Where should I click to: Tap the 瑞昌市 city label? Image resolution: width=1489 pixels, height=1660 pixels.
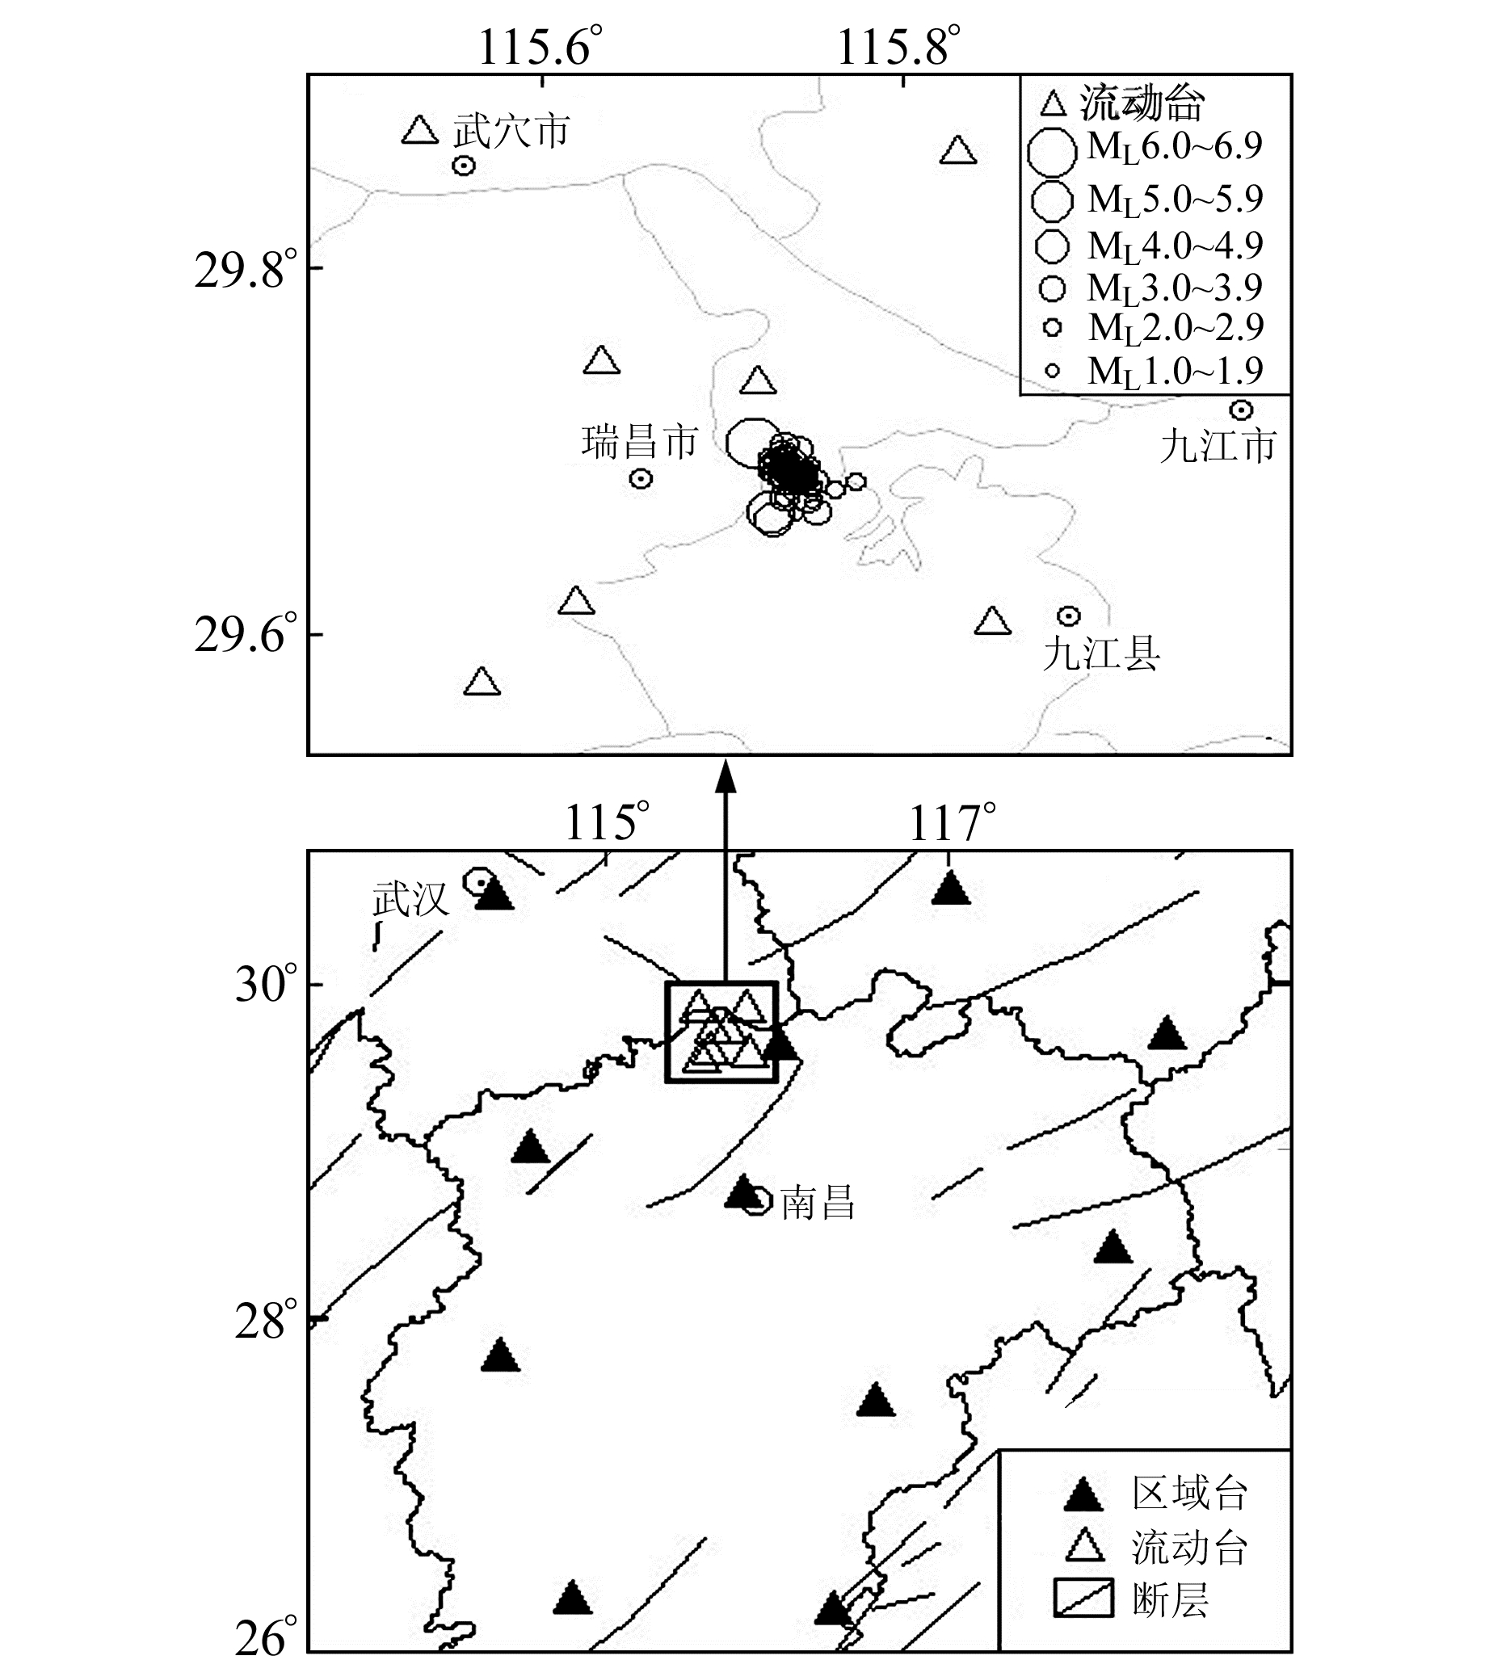[639, 442]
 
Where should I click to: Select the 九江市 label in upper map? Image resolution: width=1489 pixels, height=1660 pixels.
[1218, 446]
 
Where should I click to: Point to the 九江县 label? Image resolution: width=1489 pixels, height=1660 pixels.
[1101, 653]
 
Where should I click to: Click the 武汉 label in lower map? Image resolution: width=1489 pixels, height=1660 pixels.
[410, 900]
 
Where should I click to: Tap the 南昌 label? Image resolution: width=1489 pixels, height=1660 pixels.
[818, 1204]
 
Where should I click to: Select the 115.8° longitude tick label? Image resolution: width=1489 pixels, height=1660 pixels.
[898, 47]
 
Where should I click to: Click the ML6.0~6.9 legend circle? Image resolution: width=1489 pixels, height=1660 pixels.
[1052, 151]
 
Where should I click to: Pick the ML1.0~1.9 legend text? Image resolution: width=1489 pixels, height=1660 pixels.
[1175, 372]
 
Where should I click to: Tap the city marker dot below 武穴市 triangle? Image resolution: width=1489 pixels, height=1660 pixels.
[464, 166]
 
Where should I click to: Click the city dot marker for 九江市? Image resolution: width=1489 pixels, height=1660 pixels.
[1241, 410]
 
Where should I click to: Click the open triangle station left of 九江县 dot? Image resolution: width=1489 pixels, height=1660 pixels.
[992, 622]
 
